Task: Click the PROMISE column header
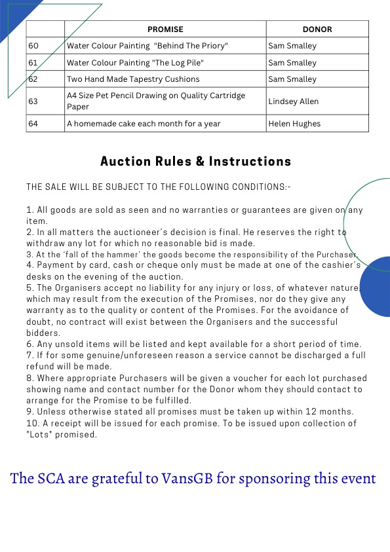(165, 29)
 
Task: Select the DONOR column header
(317, 29)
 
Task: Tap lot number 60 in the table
(33, 46)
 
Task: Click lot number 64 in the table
(33, 124)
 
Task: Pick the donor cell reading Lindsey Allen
(294, 101)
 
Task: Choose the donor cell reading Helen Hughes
(294, 124)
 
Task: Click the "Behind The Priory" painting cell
(147, 46)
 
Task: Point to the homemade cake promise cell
(144, 124)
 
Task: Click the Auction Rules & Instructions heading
(195, 161)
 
